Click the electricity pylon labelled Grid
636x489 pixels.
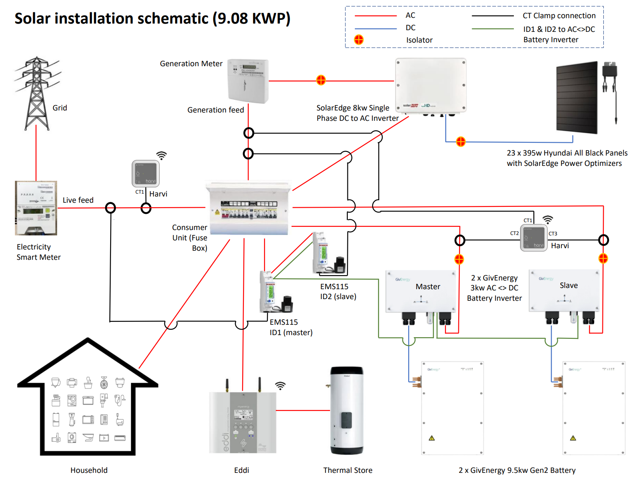pyautogui.click(x=37, y=93)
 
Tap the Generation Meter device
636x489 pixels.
pyautogui.click(x=248, y=81)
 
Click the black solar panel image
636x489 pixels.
pyautogui.click(x=577, y=97)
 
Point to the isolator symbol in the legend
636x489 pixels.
pyautogui.click(x=359, y=39)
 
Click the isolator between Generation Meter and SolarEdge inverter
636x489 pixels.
pyautogui.click(x=321, y=80)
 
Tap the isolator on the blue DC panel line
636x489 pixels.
pyautogui.click(x=461, y=142)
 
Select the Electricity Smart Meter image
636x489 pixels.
pyautogui.click(x=36, y=208)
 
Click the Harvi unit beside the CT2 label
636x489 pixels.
pyautogui.click(x=534, y=237)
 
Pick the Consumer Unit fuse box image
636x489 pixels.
pyautogui.click(x=248, y=208)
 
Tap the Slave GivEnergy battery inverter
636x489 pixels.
pyautogui.click(x=564, y=297)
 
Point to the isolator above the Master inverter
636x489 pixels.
pyautogui.click(x=459, y=259)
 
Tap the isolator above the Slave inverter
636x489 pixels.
pyautogui.click(x=603, y=259)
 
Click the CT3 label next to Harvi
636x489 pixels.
pyautogui.click(x=553, y=234)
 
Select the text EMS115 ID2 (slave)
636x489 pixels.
pyautogui.click(x=338, y=291)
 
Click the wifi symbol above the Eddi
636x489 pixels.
pyautogui.click(x=280, y=386)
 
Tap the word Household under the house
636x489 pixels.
pyautogui.click(x=89, y=470)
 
